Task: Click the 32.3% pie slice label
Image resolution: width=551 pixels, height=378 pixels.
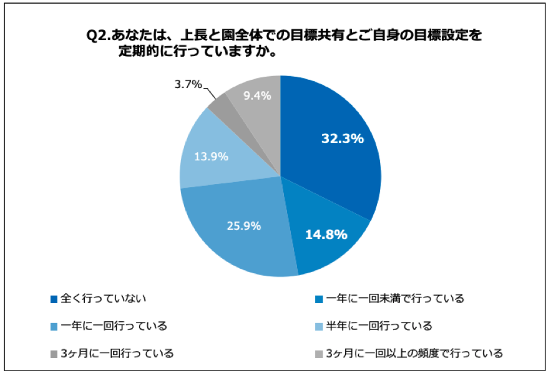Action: click(x=342, y=138)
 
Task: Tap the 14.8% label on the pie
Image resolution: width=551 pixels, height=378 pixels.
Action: click(x=326, y=235)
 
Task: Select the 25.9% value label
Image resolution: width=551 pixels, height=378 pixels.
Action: click(x=243, y=226)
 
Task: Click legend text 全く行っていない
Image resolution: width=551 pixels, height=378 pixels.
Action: click(x=103, y=298)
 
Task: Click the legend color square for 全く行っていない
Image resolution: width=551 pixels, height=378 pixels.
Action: click(x=54, y=299)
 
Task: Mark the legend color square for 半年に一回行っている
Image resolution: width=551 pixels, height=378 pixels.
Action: click(x=319, y=326)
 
